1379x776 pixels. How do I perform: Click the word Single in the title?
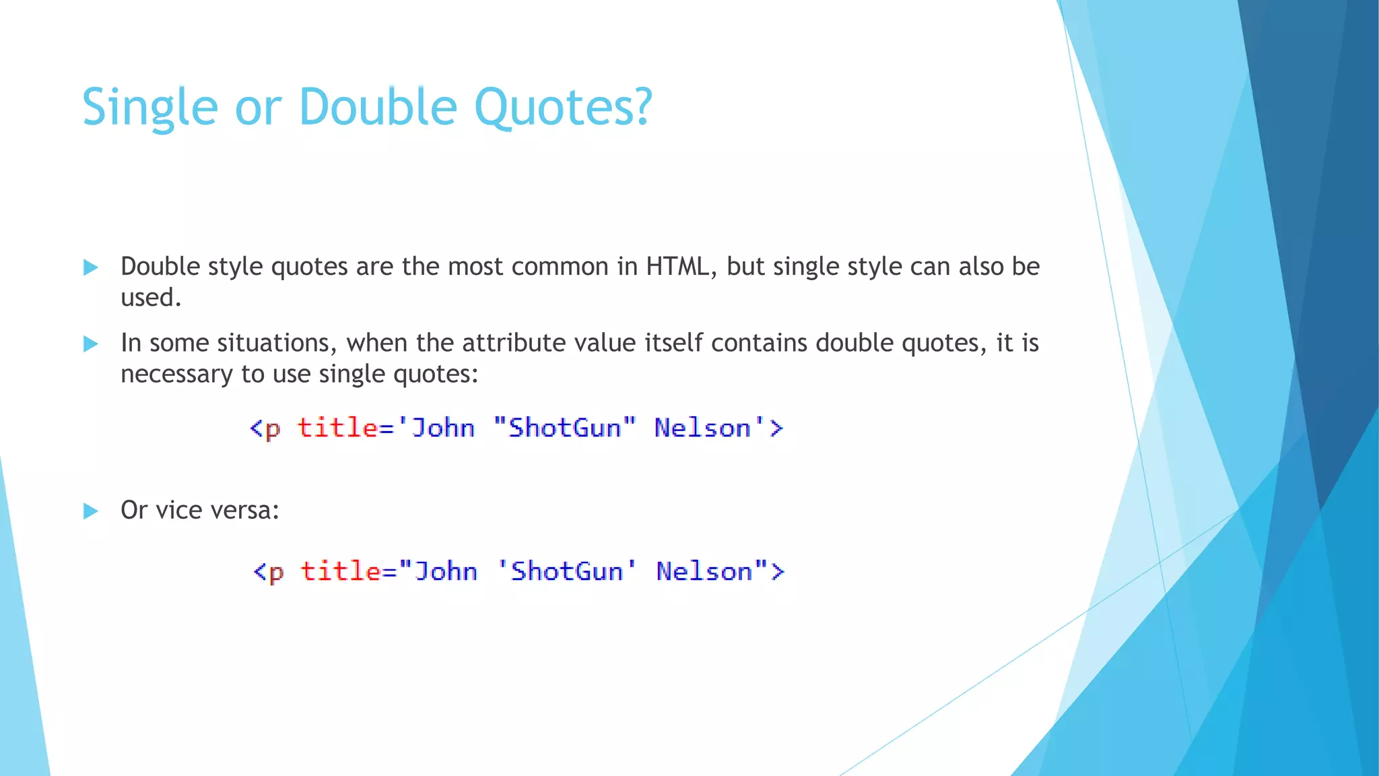[x=149, y=108]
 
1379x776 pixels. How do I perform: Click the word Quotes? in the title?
[x=563, y=108]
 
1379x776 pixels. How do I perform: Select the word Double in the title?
[x=378, y=108]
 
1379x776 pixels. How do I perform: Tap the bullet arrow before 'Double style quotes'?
[x=90, y=267]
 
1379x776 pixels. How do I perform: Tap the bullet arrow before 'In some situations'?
[x=90, y=344]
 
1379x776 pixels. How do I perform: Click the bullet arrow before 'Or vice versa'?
[x=90, y=511]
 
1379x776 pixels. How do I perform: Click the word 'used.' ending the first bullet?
[x=151, y=298]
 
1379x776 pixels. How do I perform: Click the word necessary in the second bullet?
[x=176, y=374]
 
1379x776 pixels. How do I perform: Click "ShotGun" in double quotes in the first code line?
[x=564, y=428]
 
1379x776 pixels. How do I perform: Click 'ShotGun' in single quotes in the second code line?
[x=567, y=571]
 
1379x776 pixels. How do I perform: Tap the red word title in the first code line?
[x=337, y=428]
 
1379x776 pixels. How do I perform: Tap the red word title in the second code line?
[x=340, y=571]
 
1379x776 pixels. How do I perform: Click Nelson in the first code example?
[x=702, y=428]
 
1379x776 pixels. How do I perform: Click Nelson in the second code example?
[x=704, y=571]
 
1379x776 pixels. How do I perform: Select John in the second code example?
[x=446, y=571]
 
